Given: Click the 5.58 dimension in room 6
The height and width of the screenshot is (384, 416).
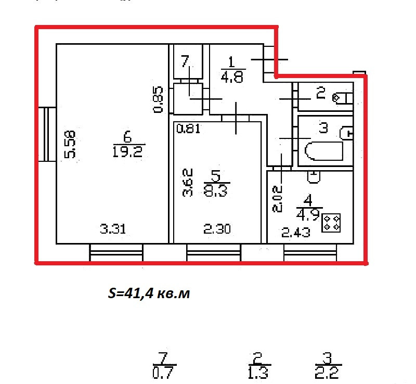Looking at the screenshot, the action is click(x=70, y=144).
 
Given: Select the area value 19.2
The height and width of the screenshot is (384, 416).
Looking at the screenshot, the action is click(x=127, y=151).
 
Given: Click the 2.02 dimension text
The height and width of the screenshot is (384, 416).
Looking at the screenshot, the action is click(x=279, y=199).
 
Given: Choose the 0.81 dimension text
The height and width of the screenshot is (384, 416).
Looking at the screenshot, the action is click(x=188, y=129).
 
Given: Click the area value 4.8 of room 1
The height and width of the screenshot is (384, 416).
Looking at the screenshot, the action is click(x=232, y=78).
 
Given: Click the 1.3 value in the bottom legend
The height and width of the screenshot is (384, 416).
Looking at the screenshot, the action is click(x=258, y=373).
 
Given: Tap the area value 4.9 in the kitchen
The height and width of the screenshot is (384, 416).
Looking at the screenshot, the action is click(x=307, y=214).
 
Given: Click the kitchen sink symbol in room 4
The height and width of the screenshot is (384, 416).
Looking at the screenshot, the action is click(x=313, y=177).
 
